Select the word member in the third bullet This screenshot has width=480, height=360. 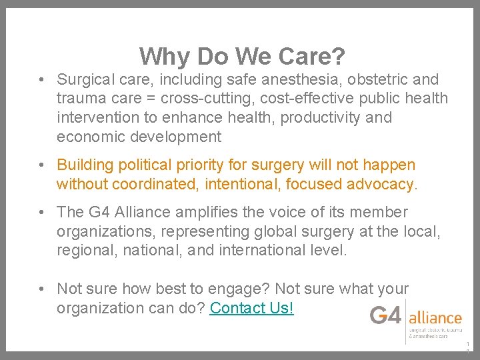(383, 213)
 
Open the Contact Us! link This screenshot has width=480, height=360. (251, 309)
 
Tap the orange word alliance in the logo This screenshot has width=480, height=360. (435, 317)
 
